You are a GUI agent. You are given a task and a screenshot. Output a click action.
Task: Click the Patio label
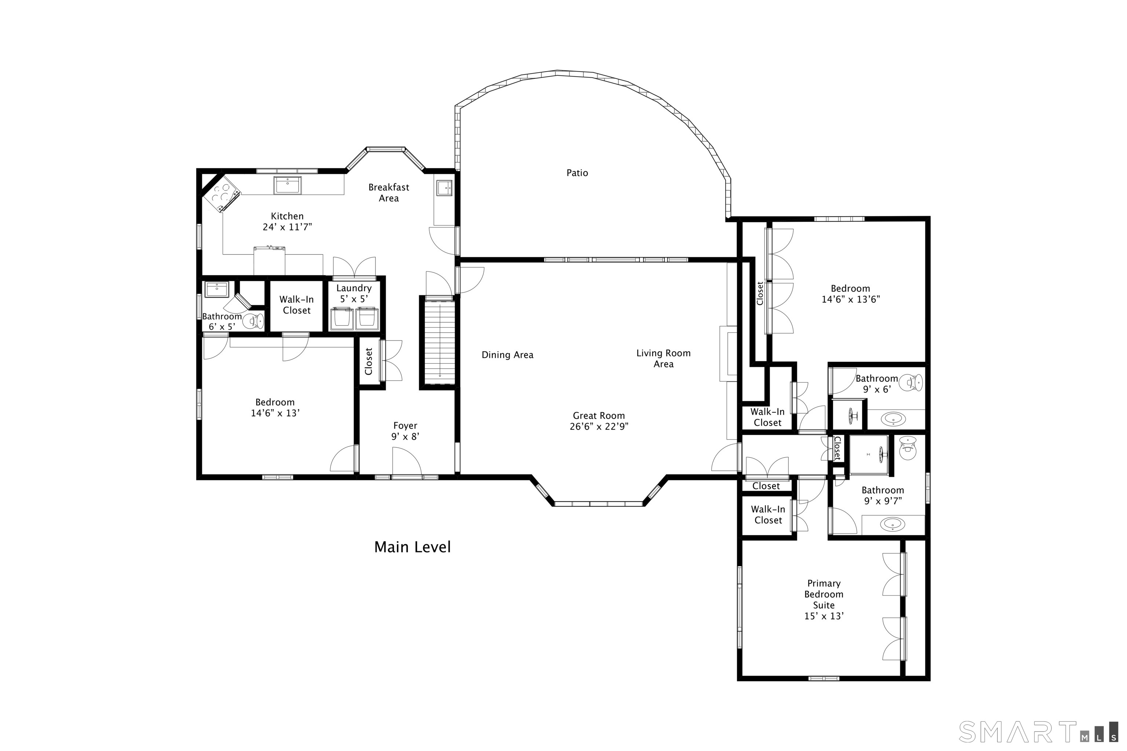pyautogui.click(x=577, y=173)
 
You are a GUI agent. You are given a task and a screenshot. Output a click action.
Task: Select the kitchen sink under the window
pyautogui.click(x=288, y=185)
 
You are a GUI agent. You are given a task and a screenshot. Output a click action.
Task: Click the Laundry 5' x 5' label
pyautogui.click(x=354, y=293)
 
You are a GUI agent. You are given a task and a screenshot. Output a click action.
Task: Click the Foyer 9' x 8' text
pyautogui.click(x=405, y=431)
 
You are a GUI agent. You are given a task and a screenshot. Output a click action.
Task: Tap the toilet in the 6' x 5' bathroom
pyautogui.click(x=254, y=321)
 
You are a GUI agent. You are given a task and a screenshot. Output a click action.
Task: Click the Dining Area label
pyautogui.click(x=507, y=355)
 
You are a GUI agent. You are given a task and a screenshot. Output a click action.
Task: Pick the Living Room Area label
pyautogui.click(x=663, y=358)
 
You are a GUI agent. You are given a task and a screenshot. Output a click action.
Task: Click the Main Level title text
pyautogui.click(x=412, y=547)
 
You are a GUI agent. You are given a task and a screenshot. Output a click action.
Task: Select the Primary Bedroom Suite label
pyautogui.click(x=824, y=599)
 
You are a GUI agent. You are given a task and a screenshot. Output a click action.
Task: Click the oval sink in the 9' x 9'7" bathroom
pyautogui.click(x=893, y=524)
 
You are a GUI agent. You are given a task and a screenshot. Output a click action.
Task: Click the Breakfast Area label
pyautogui.click(x=389, y=193)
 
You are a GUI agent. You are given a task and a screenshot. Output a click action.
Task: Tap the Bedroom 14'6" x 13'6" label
pyautogui.click(x=850, y=294)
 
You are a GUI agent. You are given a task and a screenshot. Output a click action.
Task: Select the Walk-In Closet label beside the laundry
pyautogui.click(x=296, y=305)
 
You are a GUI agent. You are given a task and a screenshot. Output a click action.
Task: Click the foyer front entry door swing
pyautogui.click(x=406, y=461)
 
